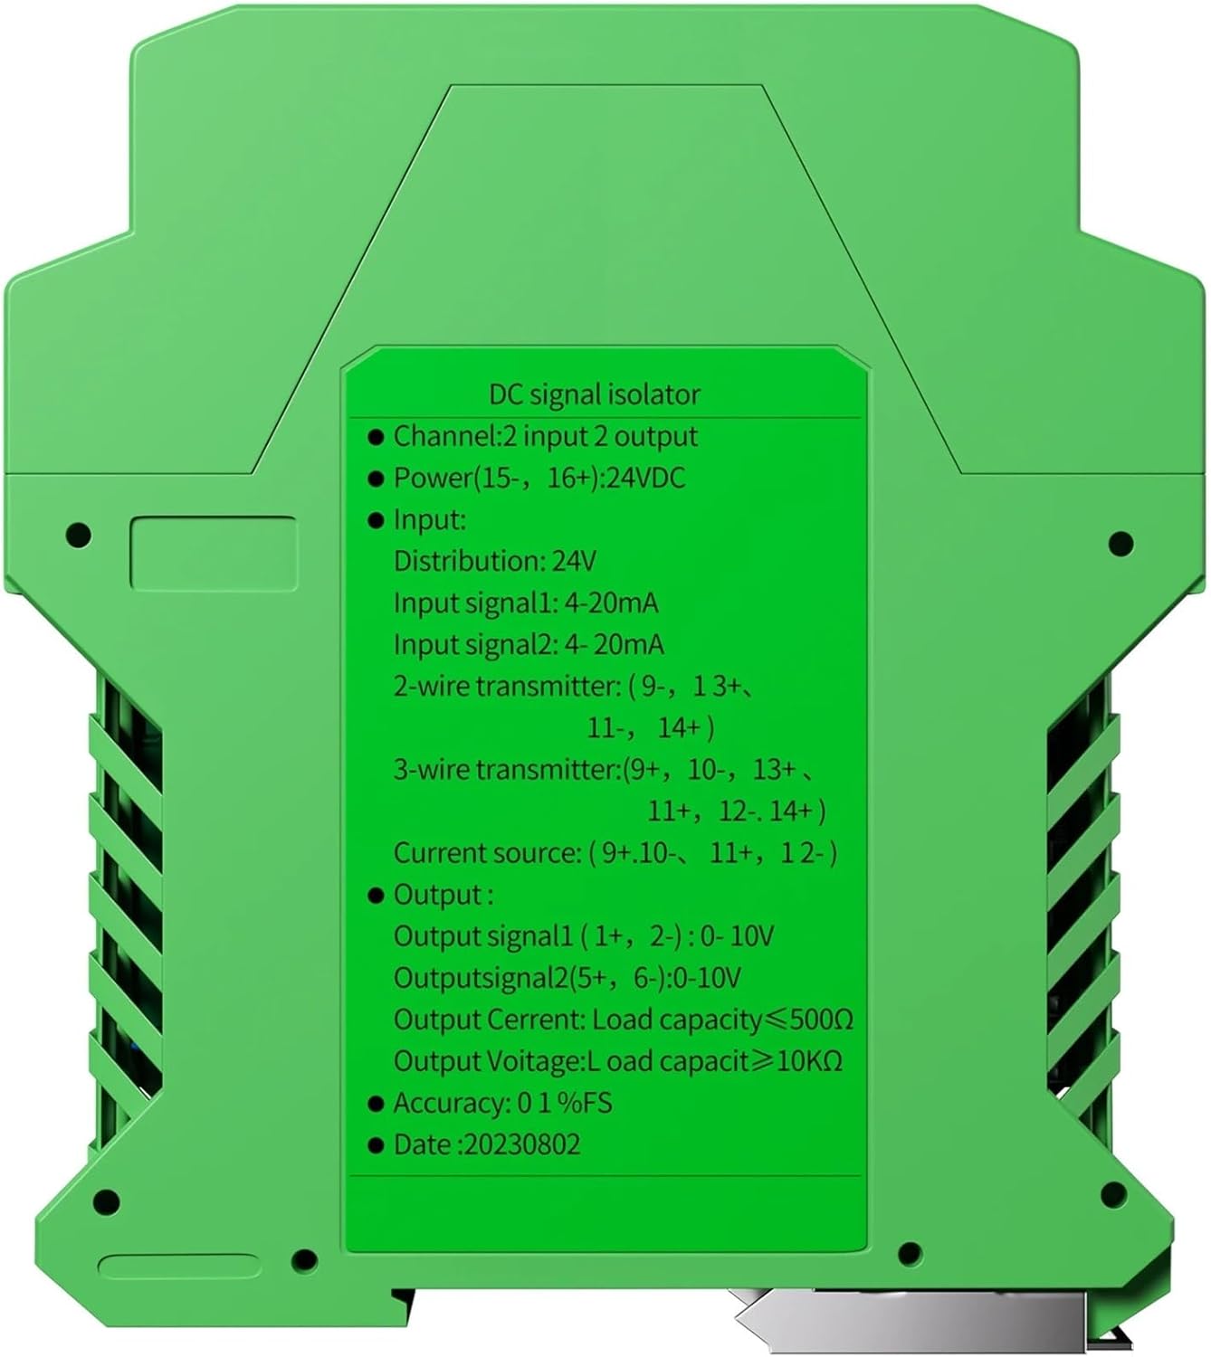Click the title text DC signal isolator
594,394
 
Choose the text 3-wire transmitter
506,769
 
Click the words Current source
486,852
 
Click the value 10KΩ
810,1061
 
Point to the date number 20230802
522,1144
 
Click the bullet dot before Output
377,896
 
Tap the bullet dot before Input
377,521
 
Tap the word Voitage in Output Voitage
531,1061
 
